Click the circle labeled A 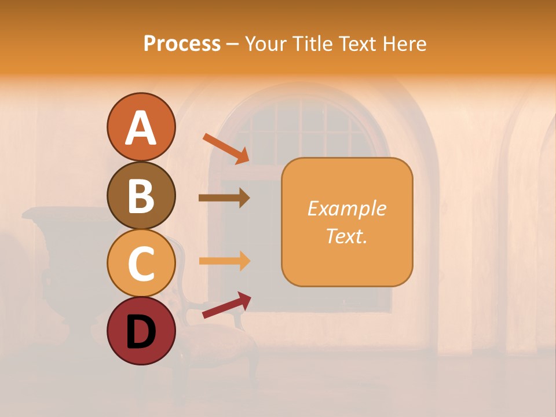[141, 127]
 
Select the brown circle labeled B [141, 195]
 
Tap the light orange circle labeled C [141, 263]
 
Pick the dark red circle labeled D [141, 331]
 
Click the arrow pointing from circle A [226, 148]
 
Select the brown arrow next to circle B [224, 198]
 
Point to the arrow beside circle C [224, 261]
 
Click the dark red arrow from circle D [226, 305]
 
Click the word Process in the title [182, 43]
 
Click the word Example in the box [346, 209]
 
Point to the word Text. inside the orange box [346, 236]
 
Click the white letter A [141, 128]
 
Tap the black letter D [141, 332]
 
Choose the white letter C [141, 264]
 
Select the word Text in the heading [357, 43]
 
